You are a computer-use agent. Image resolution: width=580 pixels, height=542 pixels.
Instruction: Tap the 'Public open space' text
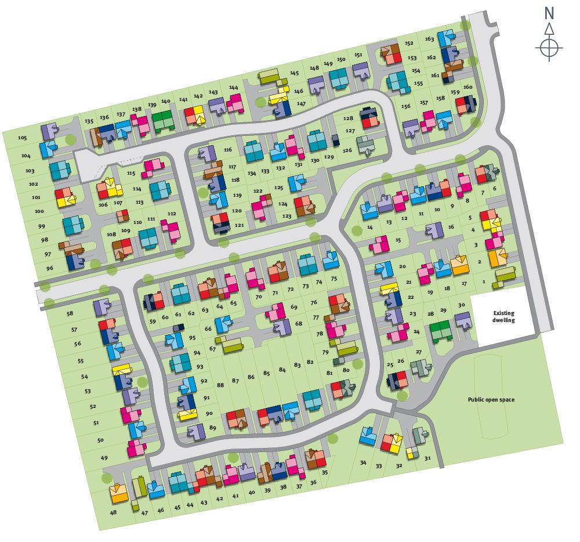click(x=491, y=399)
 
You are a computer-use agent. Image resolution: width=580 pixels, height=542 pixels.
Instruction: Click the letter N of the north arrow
click(x=549, y=13)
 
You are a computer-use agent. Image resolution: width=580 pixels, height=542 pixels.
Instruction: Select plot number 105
click(x=23, y=138)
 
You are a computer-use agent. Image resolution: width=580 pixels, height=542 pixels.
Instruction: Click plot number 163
click(x=429, y=39)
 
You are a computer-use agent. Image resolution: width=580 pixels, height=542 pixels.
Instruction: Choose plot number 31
click(x=428, y=458)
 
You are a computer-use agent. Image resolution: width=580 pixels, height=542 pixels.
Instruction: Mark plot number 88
click(x=220, y=385)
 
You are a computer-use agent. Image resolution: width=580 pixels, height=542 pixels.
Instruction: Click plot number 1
click(x=483, y=282)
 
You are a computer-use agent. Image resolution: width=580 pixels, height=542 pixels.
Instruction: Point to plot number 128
click(x=348, y=118)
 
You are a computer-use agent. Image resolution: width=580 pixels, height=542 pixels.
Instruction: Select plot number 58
click(x=70, y=313)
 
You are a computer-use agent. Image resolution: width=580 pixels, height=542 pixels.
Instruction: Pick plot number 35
click(x=325, y=472)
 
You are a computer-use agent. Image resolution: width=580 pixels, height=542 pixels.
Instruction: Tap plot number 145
click(x=295, y=73)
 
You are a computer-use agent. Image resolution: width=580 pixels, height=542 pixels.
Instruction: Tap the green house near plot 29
click(x=441, y=331)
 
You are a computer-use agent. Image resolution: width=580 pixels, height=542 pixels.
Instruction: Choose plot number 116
click(x=227, y=150)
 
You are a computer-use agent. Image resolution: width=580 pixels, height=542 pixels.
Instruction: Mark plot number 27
click(x=418, y=352)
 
